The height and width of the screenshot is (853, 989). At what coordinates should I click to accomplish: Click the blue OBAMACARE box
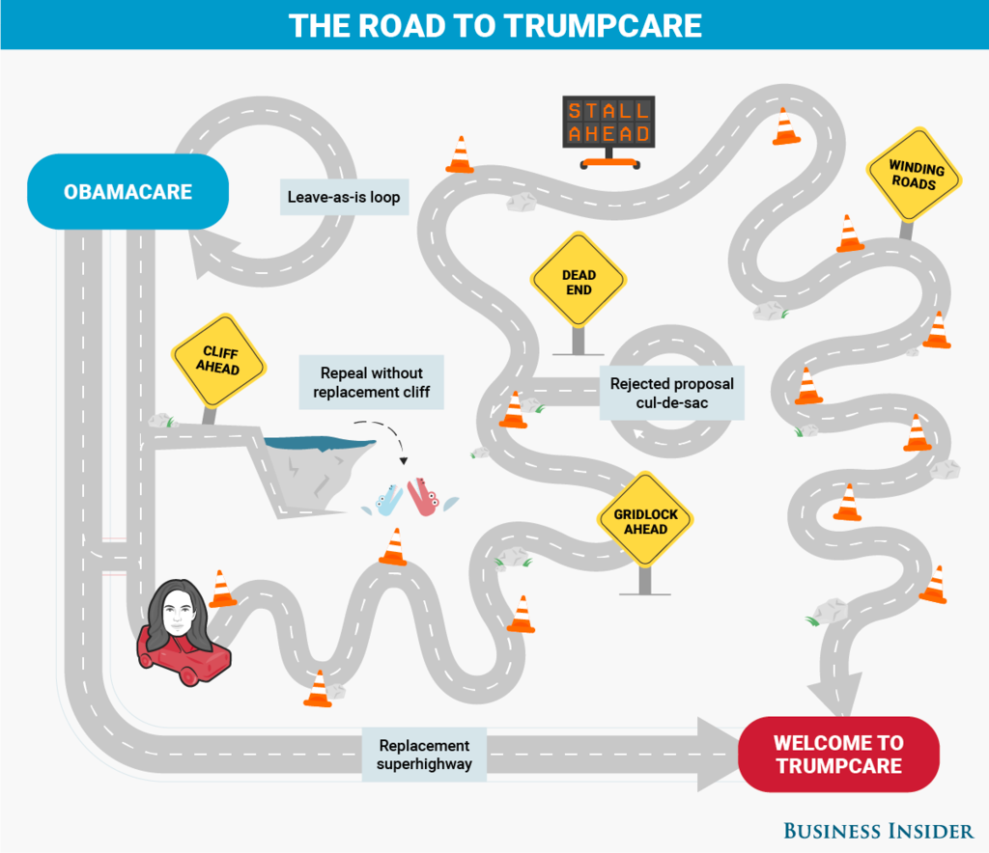128,192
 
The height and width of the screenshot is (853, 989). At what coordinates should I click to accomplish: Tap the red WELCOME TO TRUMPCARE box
838,755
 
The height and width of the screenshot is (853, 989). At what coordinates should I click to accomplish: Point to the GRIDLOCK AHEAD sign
645,522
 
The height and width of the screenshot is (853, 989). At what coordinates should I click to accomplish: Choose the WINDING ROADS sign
913,176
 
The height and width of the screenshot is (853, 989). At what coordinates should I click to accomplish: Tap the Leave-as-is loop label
343,197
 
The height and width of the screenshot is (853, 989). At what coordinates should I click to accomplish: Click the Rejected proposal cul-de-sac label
671,393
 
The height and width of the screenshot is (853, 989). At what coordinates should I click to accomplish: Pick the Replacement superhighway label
424,755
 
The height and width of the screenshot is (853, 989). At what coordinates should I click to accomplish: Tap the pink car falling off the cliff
422,497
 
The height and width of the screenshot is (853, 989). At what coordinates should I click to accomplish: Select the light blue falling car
388,500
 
